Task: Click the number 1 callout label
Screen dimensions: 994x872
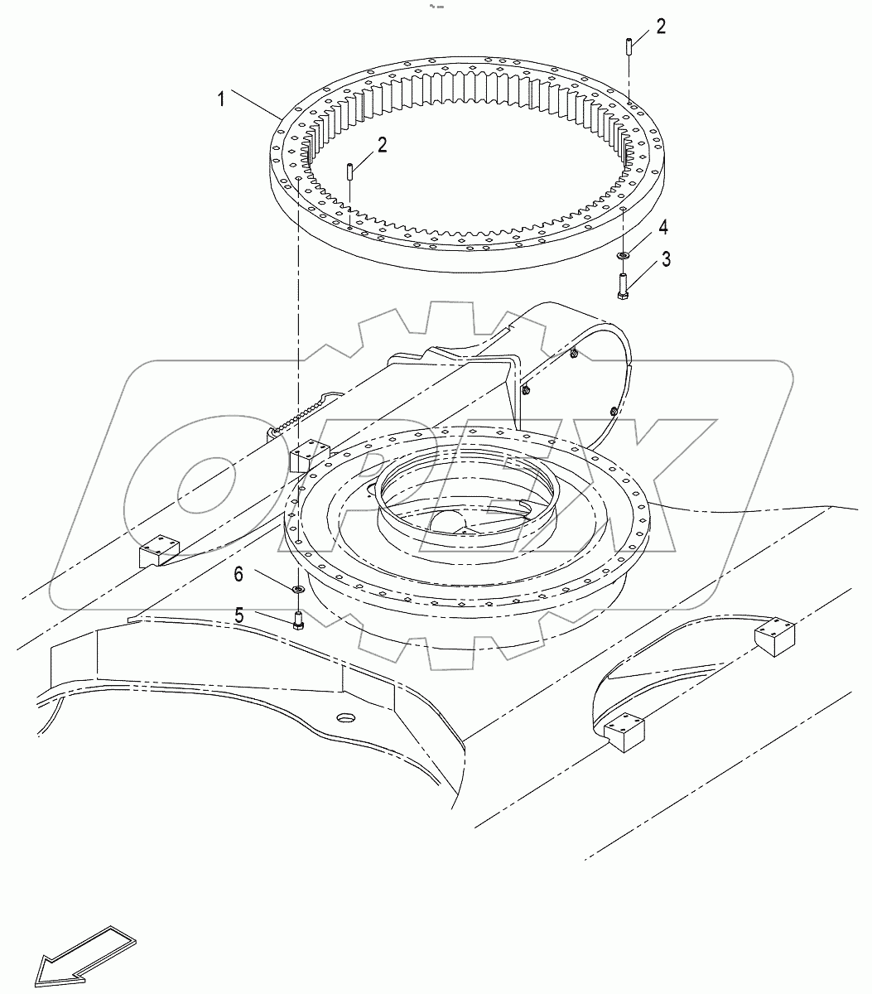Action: tap(221, 99)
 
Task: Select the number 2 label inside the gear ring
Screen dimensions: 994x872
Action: tap(382, 146)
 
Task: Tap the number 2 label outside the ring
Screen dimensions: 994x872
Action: tap(660, 27)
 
